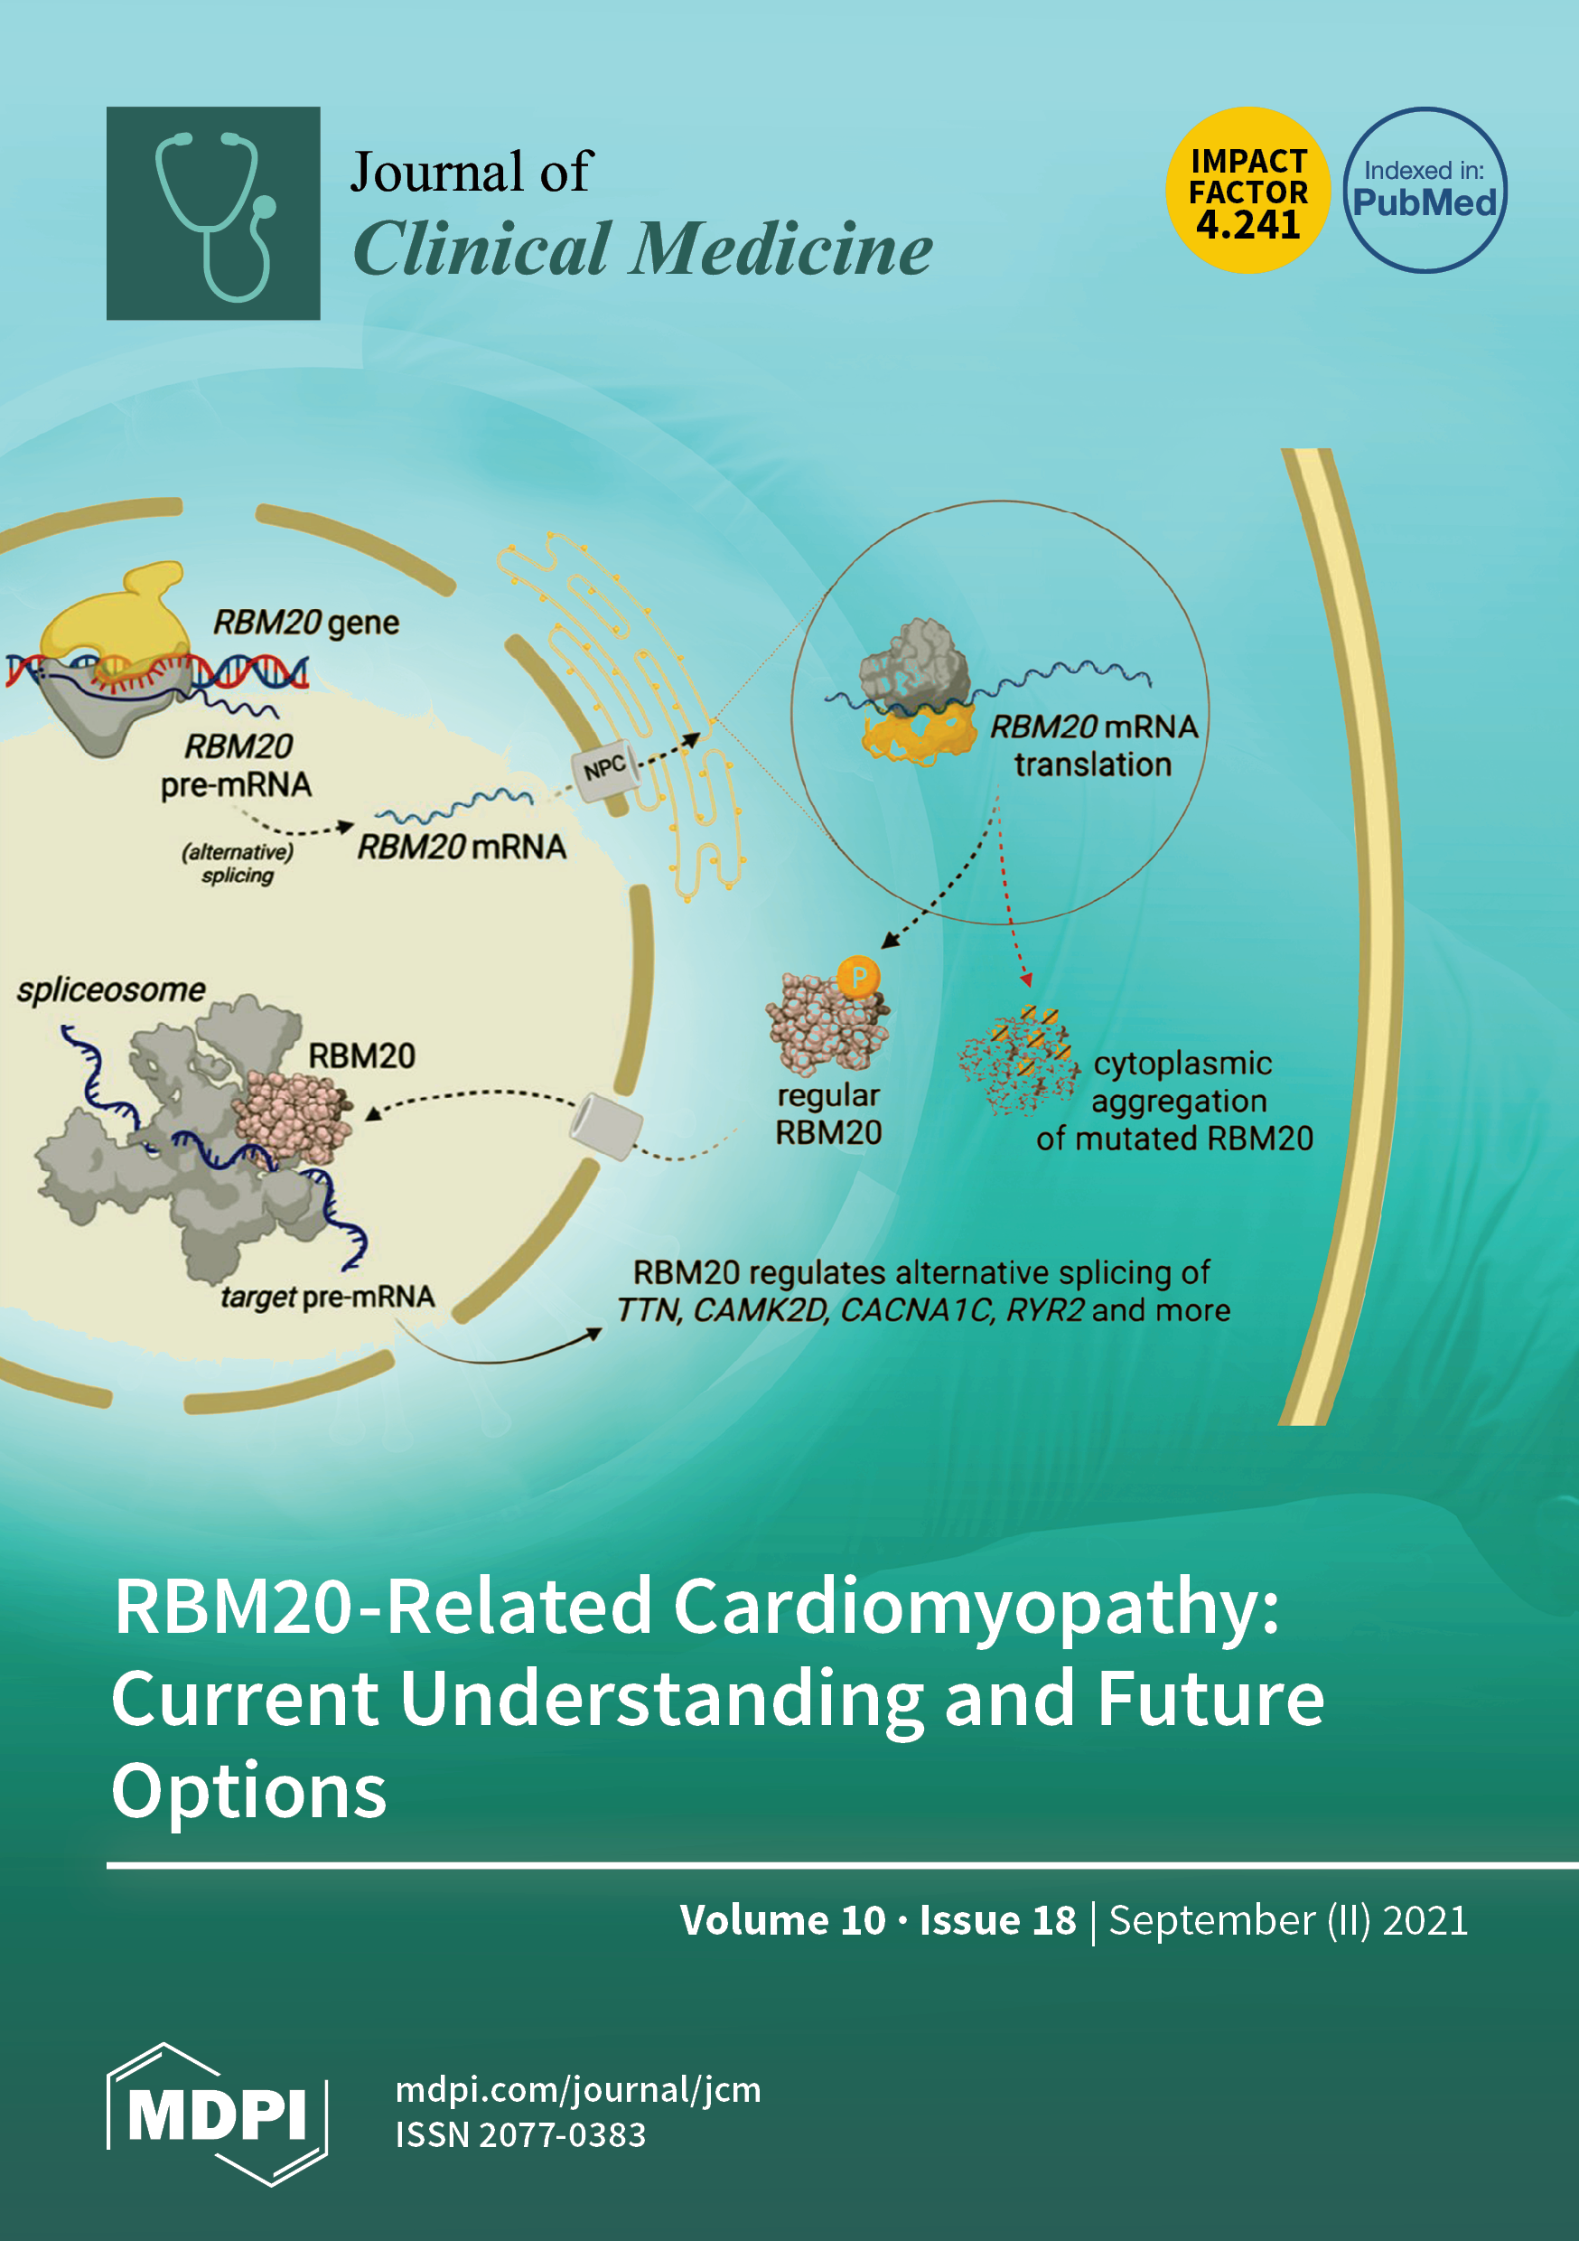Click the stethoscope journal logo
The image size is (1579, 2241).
[213, 212]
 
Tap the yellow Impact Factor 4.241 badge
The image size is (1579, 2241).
[1247, 191]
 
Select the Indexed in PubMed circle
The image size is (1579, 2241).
[1424, 191]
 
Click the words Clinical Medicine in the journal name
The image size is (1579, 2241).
[642, 248]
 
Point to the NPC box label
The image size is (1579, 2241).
[605, 769]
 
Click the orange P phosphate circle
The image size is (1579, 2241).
[859, 976]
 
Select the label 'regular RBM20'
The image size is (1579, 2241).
[828, 1113]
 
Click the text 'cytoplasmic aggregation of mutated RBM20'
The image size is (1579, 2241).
[1176, 1101]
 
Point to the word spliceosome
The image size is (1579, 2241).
[111, 989]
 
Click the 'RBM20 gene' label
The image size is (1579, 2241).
[306, 623]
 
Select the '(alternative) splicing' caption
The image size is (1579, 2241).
[238, 863]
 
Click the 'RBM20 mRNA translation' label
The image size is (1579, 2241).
[1093, 745]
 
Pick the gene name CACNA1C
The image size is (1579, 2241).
[916, 1310]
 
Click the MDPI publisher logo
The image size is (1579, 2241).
[217, 2114]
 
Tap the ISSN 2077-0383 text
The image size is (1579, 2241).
[520, 2134]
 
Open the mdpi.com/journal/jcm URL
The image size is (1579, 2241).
[578, 2090]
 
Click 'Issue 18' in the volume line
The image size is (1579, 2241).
[996, 1920]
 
